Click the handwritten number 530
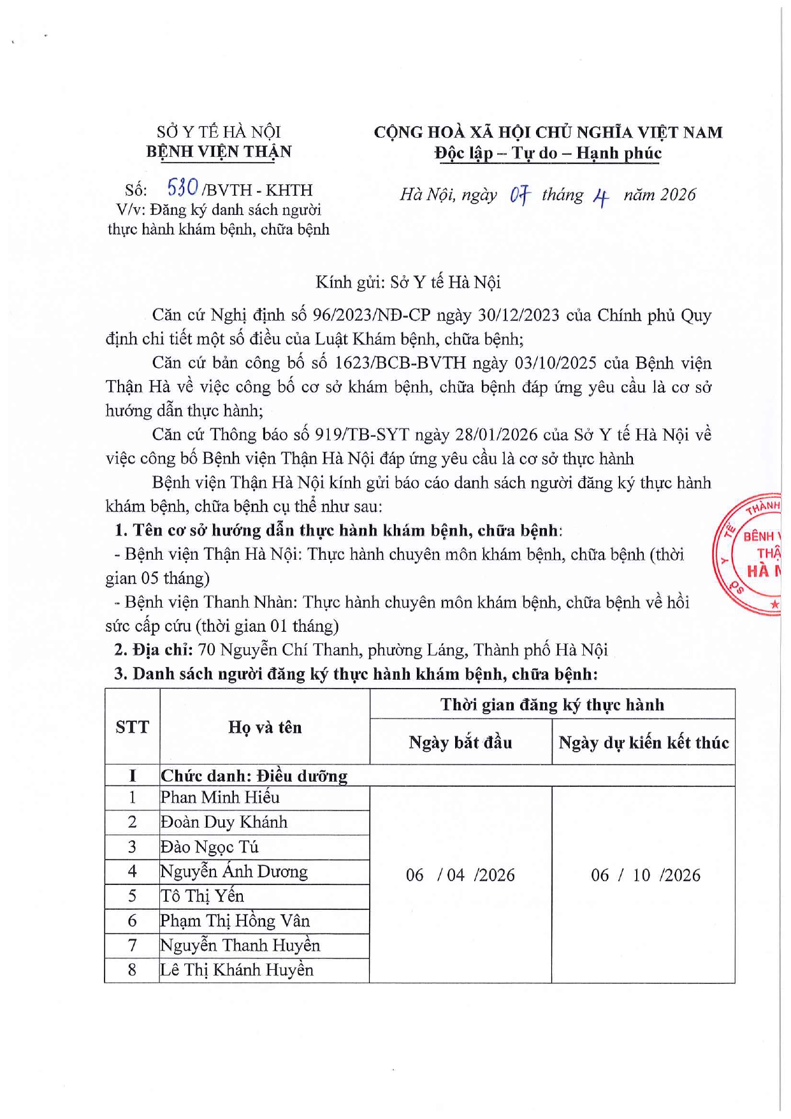coord(183,187)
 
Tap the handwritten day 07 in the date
coord(519,194)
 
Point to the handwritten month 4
coord(600,197)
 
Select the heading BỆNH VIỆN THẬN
coord(219,152)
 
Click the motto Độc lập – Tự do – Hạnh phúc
coord(548,153)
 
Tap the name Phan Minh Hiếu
coord(220,798)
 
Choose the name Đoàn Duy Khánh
coord(224,823)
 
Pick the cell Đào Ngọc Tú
coord(210,847)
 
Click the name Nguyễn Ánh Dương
coord(234,872)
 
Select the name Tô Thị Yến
coord(202,896)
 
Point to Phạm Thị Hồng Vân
coord(235,921)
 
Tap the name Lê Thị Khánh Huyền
coord(237,970)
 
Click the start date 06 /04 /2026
coord(460,875)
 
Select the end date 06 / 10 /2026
coord(645,875)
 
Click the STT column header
coord(132,728)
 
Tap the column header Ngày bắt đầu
coord(460,743)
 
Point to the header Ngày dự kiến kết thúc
coord(644,743)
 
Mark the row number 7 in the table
coord(132,946)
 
